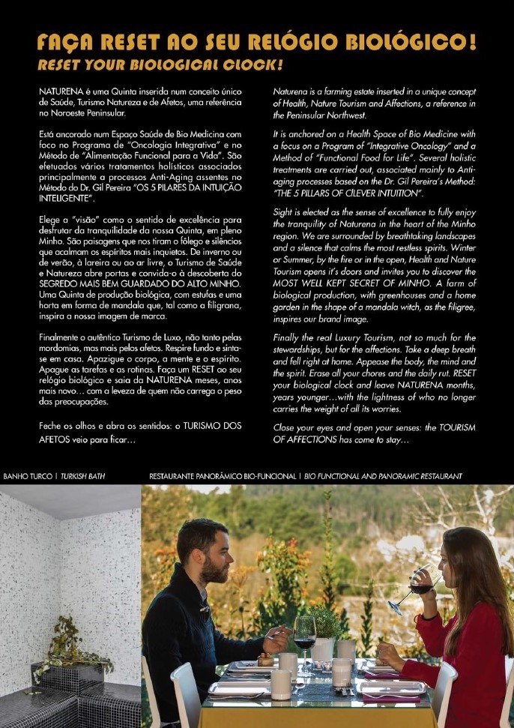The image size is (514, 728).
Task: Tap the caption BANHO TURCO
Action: [25, 476]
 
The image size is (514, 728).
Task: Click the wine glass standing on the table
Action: [304, 634]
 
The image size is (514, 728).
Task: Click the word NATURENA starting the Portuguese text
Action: [62, 91]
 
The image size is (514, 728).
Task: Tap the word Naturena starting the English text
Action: [291, 91]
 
